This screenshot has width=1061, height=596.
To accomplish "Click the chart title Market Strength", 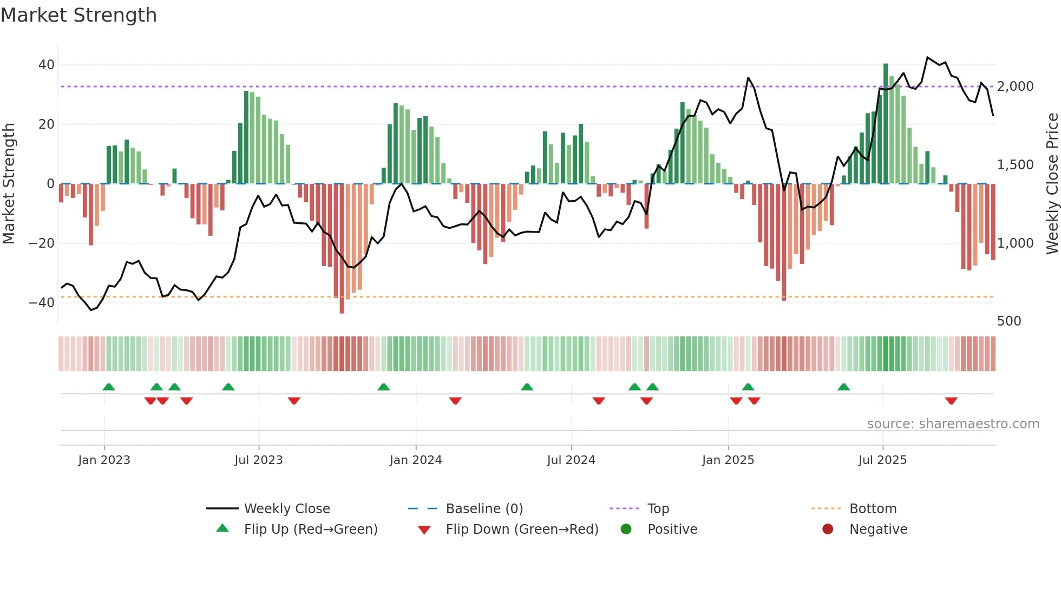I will [78, 15].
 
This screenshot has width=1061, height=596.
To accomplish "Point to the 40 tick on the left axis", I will [47, 65].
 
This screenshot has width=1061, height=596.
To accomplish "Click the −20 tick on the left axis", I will [42, 243].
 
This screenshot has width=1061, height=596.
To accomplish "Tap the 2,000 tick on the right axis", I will [1015, 87].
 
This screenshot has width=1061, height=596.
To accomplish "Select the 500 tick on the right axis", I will [1008, 321].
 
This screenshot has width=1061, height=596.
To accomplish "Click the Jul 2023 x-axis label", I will [258, 460].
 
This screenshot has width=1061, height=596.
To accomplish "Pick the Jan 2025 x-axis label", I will [728, 460].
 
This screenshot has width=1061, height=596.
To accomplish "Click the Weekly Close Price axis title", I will [1052, 184].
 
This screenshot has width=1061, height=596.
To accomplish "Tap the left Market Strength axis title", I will [9, 184].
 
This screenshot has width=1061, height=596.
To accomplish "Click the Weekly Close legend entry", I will [286, 509].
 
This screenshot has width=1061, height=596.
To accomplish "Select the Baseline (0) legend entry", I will [484, 509].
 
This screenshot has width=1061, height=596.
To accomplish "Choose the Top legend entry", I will [658, 509].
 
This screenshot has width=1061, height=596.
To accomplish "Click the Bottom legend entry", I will [873, 509].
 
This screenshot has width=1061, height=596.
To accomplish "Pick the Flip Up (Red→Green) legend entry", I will [310, 529].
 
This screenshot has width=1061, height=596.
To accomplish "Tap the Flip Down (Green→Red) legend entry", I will [522, 529].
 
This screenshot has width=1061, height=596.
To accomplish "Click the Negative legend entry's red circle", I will [828, 529].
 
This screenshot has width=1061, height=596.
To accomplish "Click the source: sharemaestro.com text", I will [953, 424].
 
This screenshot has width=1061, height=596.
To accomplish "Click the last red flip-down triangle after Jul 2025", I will [951, 401].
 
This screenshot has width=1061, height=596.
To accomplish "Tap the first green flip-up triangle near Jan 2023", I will [109, 387].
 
